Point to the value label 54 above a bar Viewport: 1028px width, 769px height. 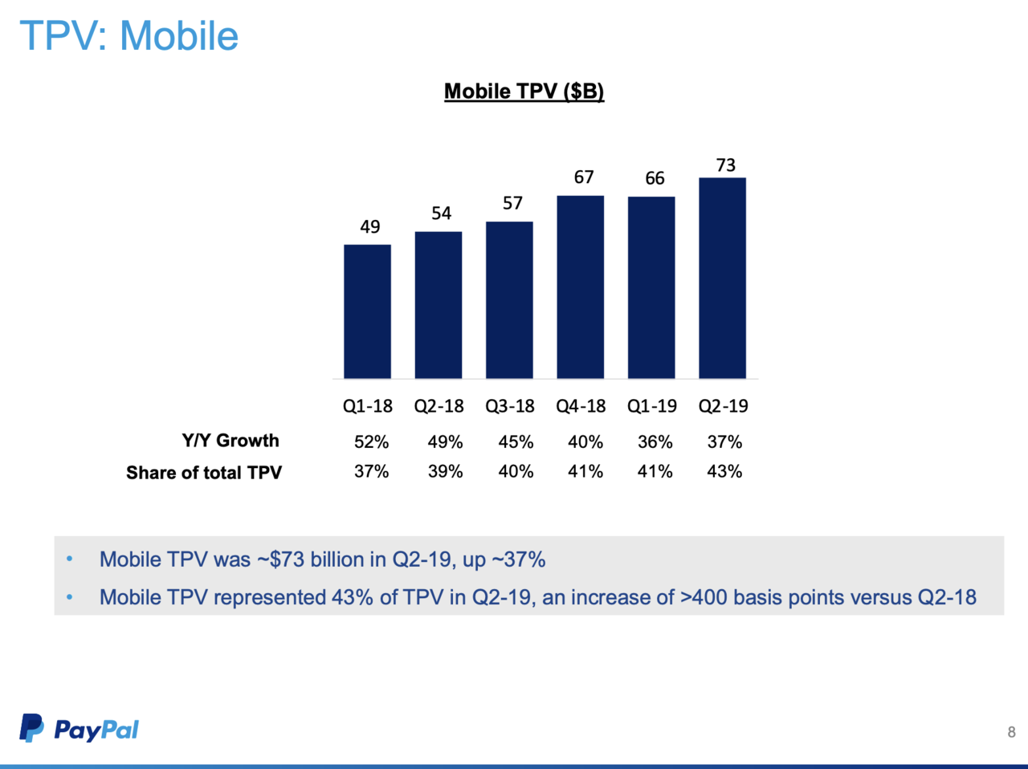pos(441,214)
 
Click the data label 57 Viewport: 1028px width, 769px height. pos(512,203)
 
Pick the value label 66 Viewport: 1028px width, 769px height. pos(655,178)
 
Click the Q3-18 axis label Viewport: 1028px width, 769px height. pos(509,406)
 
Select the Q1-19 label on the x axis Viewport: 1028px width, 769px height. pos(651,406)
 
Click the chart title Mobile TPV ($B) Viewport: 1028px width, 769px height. pos(524,92)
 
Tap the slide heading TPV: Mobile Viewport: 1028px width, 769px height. pos(128,36)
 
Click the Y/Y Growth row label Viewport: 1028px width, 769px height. pos(230,441)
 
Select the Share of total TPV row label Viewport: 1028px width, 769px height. pos(204,473)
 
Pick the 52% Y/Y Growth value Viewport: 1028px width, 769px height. pos(371,442)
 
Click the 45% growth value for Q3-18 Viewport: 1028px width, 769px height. pos(516,442)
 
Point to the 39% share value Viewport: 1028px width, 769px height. pos(445,472)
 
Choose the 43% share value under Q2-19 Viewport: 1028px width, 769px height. pos(724,472)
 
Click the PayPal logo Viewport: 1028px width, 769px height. pos(80,729)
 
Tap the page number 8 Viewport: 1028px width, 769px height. pos(1011,732)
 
